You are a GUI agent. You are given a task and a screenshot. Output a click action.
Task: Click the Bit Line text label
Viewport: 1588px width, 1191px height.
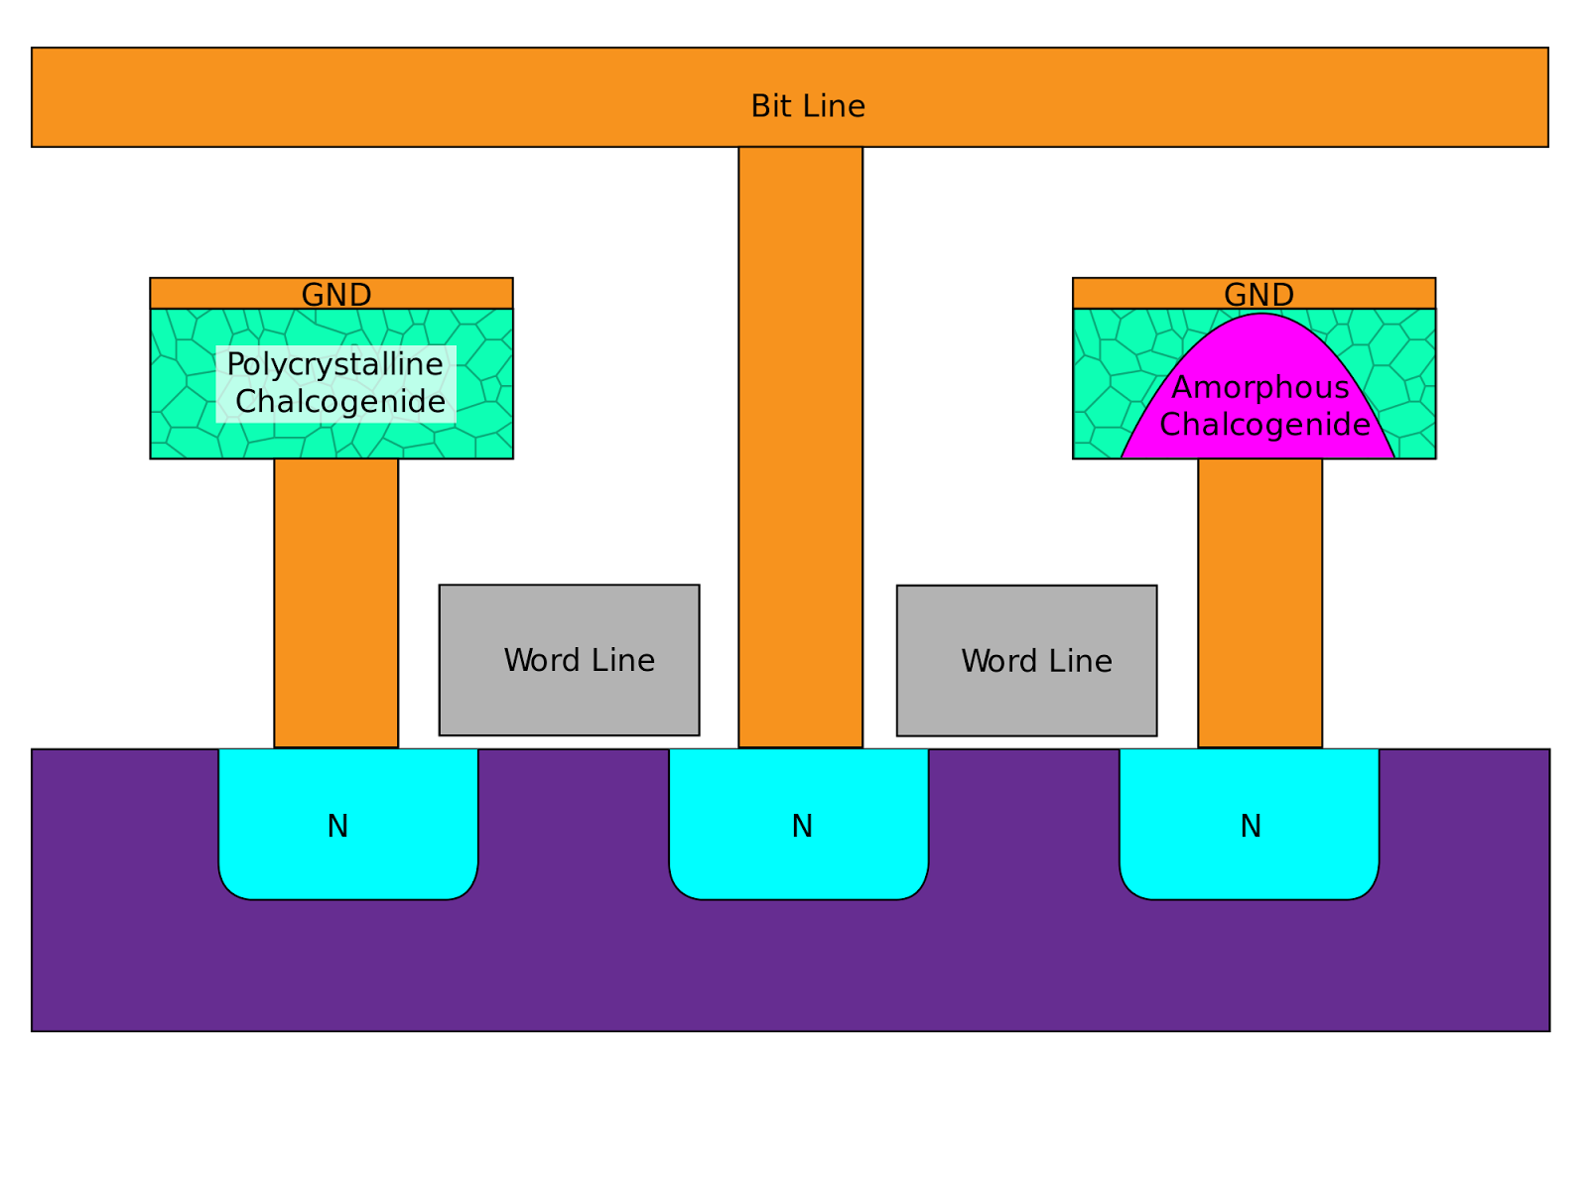(x=807, y=106)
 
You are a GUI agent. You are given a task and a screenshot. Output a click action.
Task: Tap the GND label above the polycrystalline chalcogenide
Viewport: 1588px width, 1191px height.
(x=336, y=295)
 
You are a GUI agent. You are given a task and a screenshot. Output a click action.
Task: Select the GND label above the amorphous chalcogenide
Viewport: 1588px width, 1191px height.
(x=1258, y=295)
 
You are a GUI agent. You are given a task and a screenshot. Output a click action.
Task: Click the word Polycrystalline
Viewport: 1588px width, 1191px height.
(x=334, y=364)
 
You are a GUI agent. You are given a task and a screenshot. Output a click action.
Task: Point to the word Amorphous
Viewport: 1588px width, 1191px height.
(x=1260, y=387)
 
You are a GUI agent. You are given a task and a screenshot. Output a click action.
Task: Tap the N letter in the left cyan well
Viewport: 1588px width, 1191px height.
(x=337, y=827)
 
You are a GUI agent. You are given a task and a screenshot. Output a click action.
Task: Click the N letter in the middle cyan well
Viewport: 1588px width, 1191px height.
(x=802, y=827)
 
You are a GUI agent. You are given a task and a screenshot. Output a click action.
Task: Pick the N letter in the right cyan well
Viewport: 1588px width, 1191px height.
(x=1251, y=827)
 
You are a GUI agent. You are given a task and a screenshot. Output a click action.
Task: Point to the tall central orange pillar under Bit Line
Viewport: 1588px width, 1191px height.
(x=800, y=447)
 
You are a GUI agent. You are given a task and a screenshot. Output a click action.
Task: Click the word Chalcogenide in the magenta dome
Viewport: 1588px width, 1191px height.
(x=1264, y=425)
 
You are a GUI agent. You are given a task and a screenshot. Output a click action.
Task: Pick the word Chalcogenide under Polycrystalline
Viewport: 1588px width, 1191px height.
(x=340, y=402)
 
